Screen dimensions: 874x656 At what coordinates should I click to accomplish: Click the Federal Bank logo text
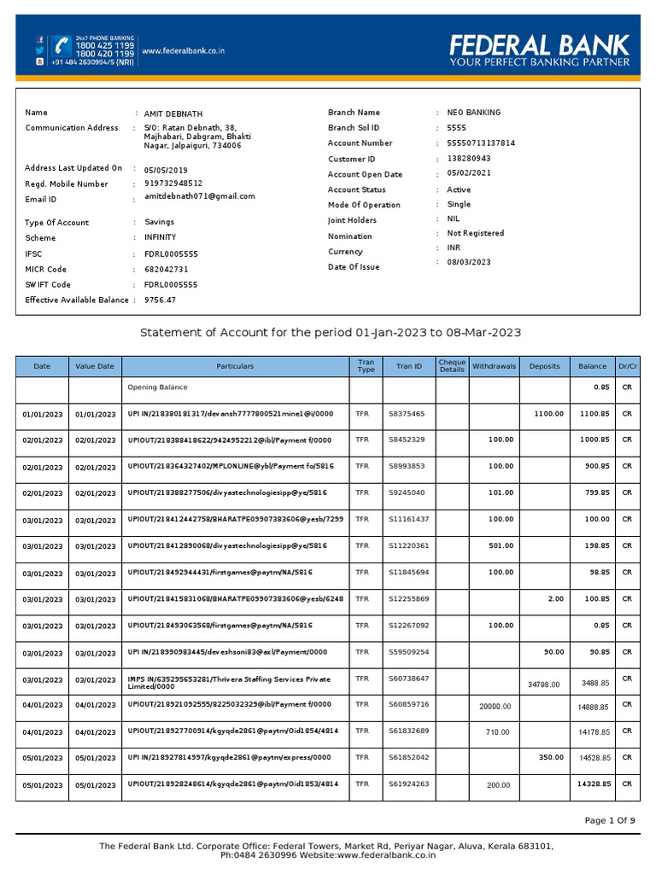540,45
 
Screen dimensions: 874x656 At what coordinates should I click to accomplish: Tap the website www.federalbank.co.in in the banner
183,51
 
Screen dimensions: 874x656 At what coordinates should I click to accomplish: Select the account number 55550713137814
481,143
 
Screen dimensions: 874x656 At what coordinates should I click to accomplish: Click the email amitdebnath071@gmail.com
200,196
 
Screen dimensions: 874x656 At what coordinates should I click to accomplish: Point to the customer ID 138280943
469,159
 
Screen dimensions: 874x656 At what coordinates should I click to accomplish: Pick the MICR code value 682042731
167,270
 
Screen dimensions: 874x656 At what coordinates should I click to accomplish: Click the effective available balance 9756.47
160,300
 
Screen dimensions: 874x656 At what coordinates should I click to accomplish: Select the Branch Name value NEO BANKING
474,113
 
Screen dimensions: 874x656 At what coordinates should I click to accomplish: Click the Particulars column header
235,366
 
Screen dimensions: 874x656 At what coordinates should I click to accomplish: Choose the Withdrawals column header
494,366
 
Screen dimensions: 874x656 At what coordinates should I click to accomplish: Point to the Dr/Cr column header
627,366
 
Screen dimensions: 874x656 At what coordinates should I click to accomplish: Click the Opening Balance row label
157,387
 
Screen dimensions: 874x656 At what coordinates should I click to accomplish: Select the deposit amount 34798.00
544,684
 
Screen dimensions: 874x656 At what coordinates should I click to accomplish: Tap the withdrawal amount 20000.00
495,706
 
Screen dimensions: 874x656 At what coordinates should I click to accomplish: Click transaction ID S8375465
406,414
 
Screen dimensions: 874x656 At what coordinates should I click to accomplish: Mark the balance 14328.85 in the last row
592,784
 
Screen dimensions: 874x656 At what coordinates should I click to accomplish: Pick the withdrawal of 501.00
501,546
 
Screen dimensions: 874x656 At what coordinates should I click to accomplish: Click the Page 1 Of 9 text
610,821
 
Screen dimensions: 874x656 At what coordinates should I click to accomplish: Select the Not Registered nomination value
475,233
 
